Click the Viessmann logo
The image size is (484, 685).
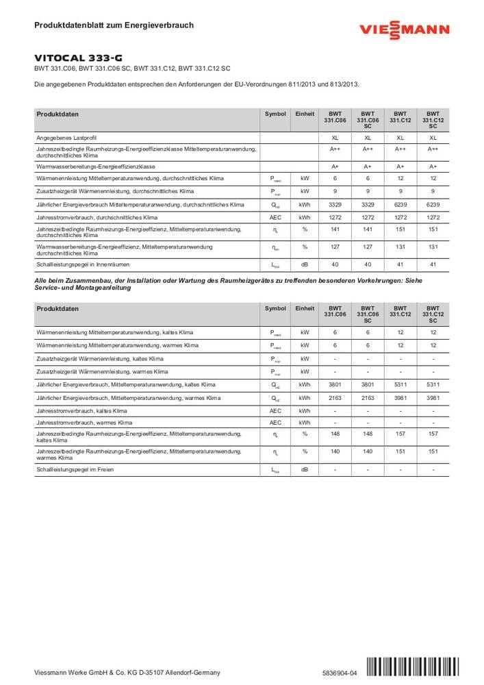(405, 30)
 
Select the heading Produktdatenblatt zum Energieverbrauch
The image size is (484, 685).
(114, 25)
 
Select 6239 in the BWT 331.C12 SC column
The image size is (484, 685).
(433, 204)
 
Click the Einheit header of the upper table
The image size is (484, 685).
(305, 114)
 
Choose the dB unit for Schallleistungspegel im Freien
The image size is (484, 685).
(305, 469)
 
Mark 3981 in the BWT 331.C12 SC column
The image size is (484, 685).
(433, 398)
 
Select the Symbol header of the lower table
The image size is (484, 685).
(275, 308)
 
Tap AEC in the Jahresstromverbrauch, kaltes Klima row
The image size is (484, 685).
(275, 411)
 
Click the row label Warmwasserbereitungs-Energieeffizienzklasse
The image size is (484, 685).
(96, 166)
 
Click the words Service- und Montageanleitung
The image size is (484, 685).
(83, 288)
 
